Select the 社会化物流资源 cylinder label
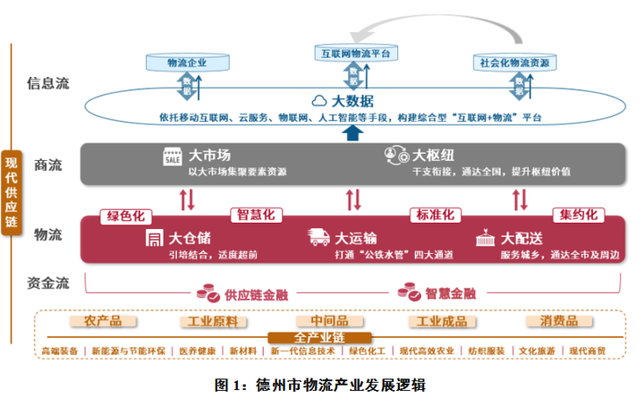click(x=514, y=63)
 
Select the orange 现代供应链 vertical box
click(x=12, y=194)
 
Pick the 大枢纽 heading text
click(x=432, y=155)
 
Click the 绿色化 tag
click(x=126, y=216)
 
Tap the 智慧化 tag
click(x=256, y=216)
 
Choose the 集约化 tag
click(x=579, y=216)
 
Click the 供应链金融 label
click(x=253, y=293)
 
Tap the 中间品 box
click(x=321, y=321)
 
